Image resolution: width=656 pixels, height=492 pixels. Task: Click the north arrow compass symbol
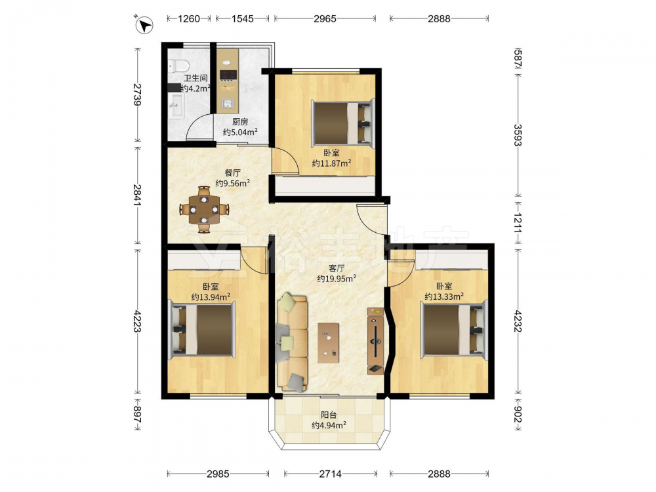coord(144,24)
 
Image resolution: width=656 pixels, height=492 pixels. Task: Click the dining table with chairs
coord(204,209)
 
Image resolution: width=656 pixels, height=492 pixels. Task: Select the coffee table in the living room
coord(329,342)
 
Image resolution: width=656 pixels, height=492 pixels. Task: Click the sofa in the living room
coord(292,342)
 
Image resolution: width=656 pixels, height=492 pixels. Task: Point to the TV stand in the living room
coord(376,341)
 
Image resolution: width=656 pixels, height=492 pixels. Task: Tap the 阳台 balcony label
coord(329,415)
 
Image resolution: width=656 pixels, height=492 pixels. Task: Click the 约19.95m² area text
coord(337,278)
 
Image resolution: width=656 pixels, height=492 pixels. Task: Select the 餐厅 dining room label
coord(233,173)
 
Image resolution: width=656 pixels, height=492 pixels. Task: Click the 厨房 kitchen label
coord(240,122)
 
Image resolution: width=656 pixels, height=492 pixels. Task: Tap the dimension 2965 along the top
coord(325,18)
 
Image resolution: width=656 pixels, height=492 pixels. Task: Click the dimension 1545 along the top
coord(243,18)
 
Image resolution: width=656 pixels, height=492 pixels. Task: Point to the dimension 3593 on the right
coord(518,135)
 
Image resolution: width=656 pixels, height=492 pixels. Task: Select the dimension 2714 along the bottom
coord(330,474)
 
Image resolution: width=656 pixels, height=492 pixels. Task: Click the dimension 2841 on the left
coord(138,195)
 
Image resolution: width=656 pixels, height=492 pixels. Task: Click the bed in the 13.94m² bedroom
coord(201,330)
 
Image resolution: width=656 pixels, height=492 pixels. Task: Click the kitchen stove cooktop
coord(228,75)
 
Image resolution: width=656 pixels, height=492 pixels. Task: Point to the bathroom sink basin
coord(177,106)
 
